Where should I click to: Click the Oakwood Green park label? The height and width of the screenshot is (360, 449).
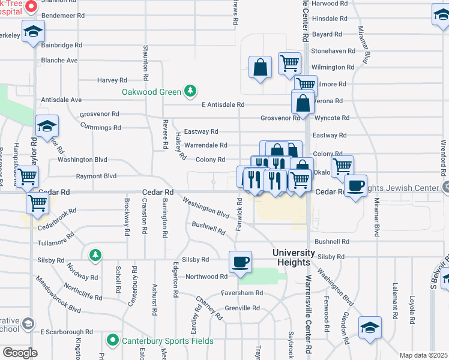[151, 92]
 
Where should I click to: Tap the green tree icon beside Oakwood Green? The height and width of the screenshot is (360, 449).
[190, 91]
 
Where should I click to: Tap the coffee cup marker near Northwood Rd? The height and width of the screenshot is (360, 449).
[240, 262]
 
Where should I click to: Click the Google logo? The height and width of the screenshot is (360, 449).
[20, 352]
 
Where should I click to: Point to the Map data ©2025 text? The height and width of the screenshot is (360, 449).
[424, 355]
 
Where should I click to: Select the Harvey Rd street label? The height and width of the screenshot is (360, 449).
[112, 80]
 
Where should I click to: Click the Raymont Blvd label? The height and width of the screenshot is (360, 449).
[96, 176]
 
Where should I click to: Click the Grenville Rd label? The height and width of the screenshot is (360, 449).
[243, 308]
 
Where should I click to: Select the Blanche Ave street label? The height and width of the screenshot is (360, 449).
[59, 60]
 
